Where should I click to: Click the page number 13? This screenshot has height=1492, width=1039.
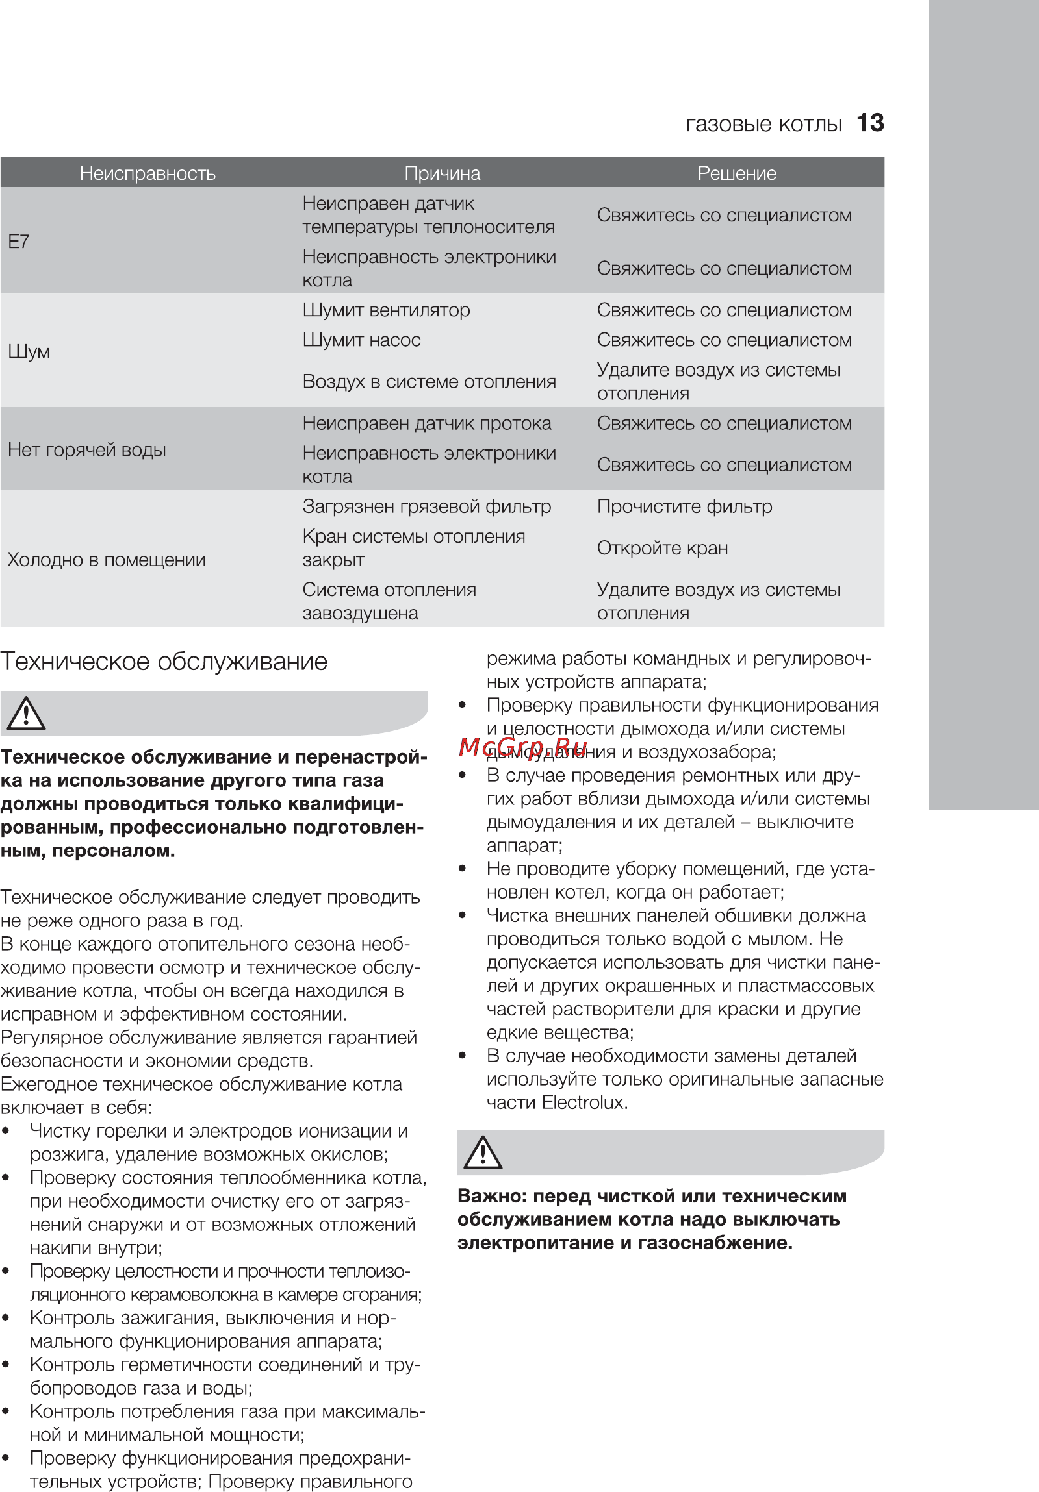870,123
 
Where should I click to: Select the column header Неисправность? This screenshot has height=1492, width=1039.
148,173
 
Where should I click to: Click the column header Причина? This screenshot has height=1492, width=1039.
442,173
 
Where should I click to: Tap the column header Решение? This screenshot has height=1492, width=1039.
737,173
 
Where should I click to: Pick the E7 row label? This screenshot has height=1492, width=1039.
19,242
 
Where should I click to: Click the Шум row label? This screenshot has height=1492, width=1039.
29,351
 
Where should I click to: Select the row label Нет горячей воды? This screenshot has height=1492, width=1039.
87,450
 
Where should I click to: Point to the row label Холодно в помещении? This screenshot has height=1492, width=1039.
107,560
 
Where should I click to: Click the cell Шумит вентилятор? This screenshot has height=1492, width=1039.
386,310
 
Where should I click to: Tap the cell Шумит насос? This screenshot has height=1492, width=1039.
361,340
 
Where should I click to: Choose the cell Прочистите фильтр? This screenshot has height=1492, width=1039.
685,506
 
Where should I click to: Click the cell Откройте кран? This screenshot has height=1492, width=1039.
663,548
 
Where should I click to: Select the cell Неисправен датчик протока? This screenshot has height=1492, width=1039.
426,423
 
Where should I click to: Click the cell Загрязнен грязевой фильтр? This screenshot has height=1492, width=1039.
426,506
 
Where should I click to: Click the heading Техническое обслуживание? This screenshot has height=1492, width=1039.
164,662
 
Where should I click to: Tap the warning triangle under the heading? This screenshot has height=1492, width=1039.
26,714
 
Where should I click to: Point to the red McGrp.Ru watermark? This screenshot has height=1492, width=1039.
523,747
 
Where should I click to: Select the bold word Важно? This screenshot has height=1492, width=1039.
491,1196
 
